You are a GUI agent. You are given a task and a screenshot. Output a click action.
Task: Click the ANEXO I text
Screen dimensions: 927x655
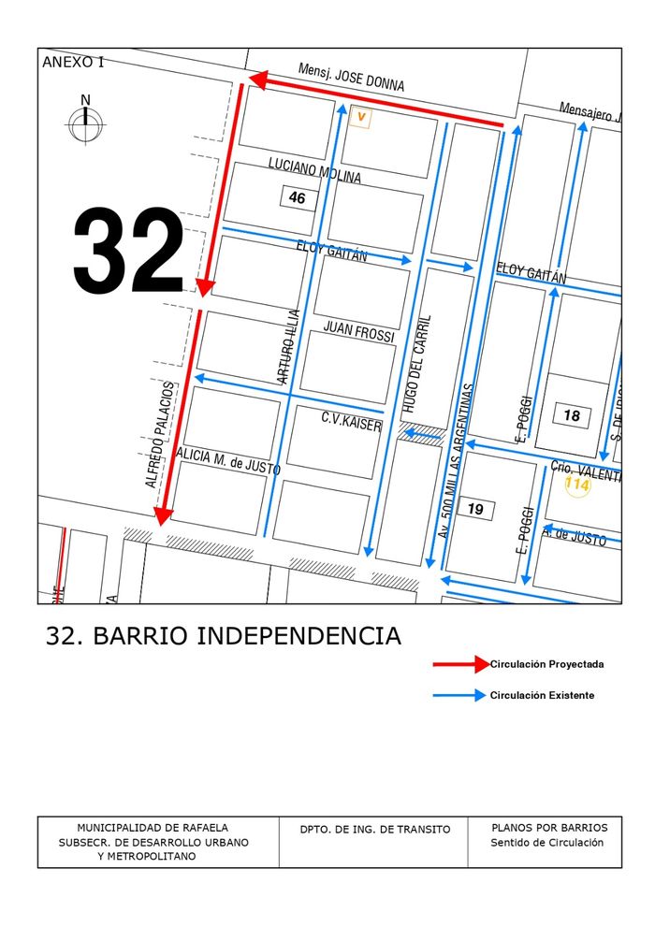tap(74, 63)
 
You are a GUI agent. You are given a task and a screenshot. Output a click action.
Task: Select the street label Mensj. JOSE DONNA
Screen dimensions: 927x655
tap(351, 78)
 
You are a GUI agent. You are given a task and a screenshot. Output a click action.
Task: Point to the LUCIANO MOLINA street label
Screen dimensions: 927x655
tap(314, 170)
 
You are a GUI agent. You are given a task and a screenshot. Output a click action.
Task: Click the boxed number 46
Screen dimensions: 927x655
tap(297, 198)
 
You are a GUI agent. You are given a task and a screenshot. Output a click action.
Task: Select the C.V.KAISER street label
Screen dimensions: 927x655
tap(352, 422)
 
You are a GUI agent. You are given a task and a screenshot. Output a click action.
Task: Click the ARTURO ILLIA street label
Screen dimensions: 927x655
tap(289, 346)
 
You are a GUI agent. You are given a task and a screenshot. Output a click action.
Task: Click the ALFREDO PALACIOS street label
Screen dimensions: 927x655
tap(159, 434)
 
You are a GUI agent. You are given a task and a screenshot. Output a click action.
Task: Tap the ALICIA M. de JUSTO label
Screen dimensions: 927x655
tap(228, 461)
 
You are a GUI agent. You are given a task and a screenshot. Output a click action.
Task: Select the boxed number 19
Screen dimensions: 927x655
tap(475, 509)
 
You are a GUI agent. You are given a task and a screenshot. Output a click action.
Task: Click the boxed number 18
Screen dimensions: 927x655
tap(572, 415)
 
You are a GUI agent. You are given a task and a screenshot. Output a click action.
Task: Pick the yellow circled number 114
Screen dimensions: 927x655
tap(577, 485)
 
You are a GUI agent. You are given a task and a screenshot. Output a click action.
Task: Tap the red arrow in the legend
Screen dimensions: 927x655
tap(461, 664)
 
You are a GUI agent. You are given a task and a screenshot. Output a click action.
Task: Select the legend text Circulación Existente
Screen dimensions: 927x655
tap(542, 695)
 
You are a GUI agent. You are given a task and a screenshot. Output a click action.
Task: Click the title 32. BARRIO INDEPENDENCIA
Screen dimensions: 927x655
tap(224, 636)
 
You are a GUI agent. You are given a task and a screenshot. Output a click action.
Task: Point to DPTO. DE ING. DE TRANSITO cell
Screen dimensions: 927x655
tap(374, 830)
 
